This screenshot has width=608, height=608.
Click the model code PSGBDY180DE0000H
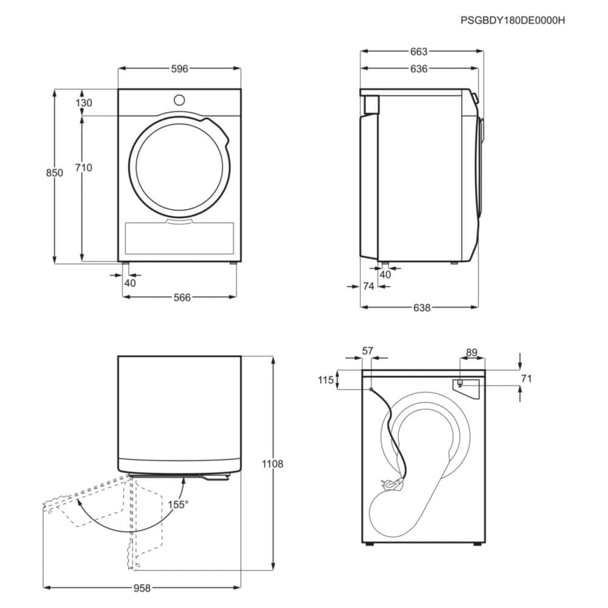[x=513, y=20]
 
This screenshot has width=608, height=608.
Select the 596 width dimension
[x=179, y=69]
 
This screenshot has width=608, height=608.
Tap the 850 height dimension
[x=54, y=173]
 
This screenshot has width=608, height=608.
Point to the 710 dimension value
[x=84, y=168]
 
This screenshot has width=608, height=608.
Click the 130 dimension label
[x=84, y=103]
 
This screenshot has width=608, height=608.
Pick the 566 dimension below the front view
[x=182, y=297]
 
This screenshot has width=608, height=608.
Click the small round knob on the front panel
[x=179, y=100]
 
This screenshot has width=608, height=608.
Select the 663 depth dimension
[x=419, y=51]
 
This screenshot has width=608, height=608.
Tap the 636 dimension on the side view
[x=419, y=69]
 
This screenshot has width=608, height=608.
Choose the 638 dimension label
[x=422, y=308]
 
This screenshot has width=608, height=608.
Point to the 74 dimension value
[x=368, y=286]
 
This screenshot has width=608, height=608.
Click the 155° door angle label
[x=178, y=505]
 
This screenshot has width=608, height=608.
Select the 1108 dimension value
[x=272, y=464]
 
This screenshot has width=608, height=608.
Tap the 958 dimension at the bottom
[x=142, y=588]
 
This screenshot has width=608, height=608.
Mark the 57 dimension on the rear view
[x=367, y=351]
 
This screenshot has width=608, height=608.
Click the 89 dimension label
[x=472, y=353]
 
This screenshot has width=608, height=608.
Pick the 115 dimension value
[x=326, y=380]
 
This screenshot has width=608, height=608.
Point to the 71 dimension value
[x=526, y=378]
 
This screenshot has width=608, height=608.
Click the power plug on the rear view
[x=392, y=483]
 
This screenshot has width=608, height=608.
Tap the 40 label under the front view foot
[x=130, y=283]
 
